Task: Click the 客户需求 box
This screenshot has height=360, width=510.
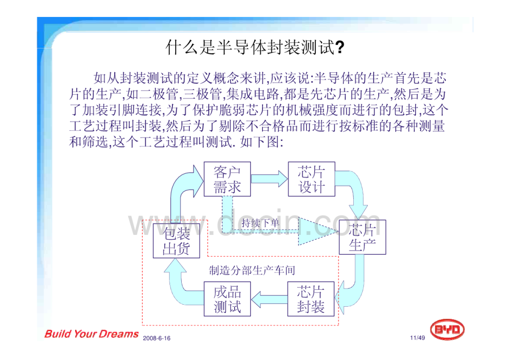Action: (x=227, y=179)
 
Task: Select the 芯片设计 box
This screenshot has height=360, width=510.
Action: (x=312, y=179)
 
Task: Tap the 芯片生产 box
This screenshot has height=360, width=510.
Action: (x=362, y=237)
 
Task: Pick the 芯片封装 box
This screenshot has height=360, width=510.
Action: (x=311, y=299)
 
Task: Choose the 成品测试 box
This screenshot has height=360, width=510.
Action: (x=227, y=299)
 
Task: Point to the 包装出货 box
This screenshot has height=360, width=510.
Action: (x=176, y=241)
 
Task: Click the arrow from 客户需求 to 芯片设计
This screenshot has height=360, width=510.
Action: (x=269, y=179)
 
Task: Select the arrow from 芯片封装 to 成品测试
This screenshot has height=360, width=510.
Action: (x=269, y=299)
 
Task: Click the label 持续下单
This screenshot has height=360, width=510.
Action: (x=261, y=223)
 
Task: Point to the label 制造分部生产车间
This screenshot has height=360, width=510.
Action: (x=252, y=270)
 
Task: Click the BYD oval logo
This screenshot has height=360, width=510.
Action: (x=447, y=329)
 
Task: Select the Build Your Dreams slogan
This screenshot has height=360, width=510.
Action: (x=92, y=334)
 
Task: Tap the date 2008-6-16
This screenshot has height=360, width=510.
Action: (x=156, y=338)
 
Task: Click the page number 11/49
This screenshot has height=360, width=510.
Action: (x=417, y=338)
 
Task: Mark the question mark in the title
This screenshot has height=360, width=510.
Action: (x=340, y=48)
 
